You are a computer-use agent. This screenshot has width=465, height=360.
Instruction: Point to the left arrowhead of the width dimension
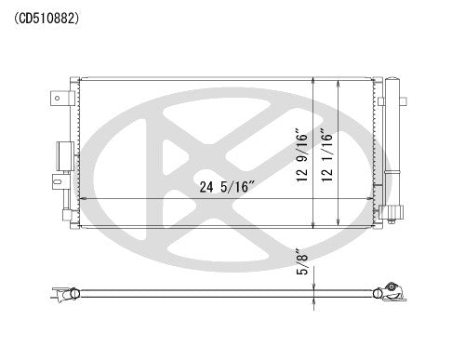click(x=83, y=199)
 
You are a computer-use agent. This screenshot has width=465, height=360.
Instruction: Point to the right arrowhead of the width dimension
click(x=374, y=199)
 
